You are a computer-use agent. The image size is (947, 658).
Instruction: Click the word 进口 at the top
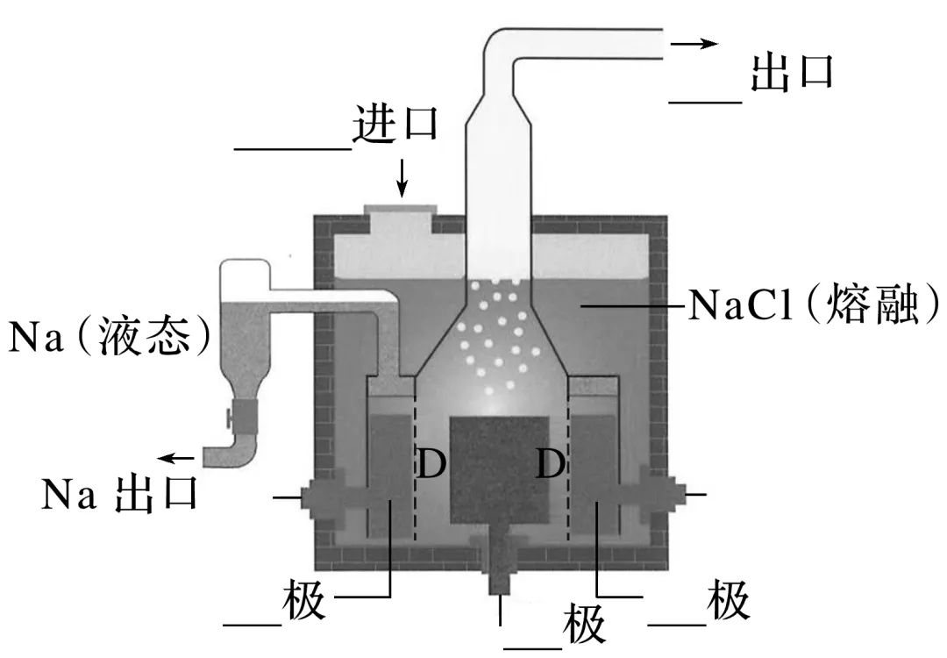(x=395, y=125)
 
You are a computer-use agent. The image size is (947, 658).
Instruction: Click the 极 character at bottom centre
(x=583, y=625)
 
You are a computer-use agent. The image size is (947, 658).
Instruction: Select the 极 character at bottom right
(x=729, y=603)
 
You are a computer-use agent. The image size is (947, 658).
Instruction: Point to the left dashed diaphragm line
(x=414, y=474)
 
